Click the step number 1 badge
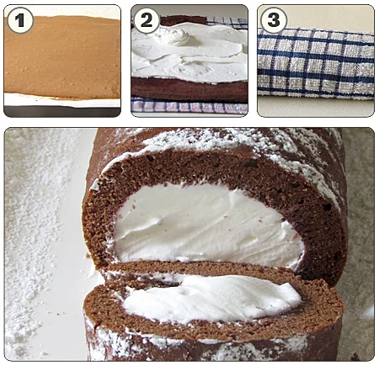(20, 20)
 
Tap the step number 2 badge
(147, 20)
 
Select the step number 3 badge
(273, 20)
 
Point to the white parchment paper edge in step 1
(61, 100)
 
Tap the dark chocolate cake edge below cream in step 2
(189, 90)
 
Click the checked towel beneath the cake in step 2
(189, 107)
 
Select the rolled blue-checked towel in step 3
(316, 63)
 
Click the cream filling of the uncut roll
(205, 225)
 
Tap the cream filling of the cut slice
(211, 298)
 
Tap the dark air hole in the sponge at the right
(328, 207)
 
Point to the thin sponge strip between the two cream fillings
(196, 267)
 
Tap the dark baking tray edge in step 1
(61, 112)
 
